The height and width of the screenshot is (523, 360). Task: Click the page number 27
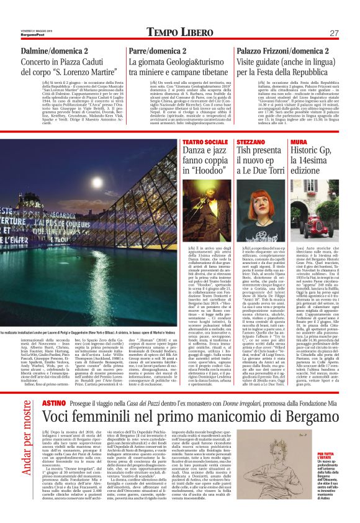333,33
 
